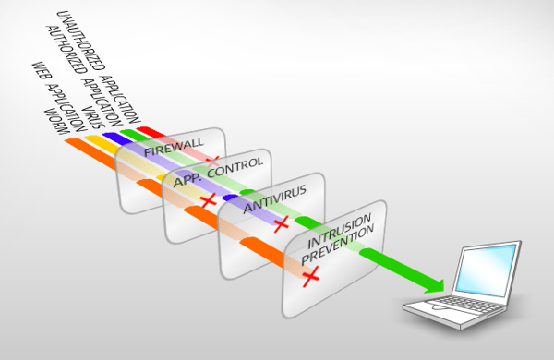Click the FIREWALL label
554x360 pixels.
(174, 147)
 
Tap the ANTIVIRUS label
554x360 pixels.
(275, 199)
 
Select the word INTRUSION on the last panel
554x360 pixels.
(339, 231)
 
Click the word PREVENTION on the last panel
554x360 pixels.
(337, 244)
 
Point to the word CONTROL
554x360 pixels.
(235, 167)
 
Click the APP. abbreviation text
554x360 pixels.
(187, 180)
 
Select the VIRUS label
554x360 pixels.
(93, 117)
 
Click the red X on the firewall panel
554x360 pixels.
(212, 162)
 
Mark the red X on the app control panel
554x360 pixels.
(208, 200)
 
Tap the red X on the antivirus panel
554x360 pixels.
(282, 224)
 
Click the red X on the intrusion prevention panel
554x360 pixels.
(311, 276)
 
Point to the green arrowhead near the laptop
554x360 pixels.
(435, 285)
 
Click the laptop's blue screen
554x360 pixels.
(487, 270)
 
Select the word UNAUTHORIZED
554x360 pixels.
(81, 41)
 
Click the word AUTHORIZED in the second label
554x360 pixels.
(66, 50)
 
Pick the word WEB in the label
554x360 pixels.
(42, 71)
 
